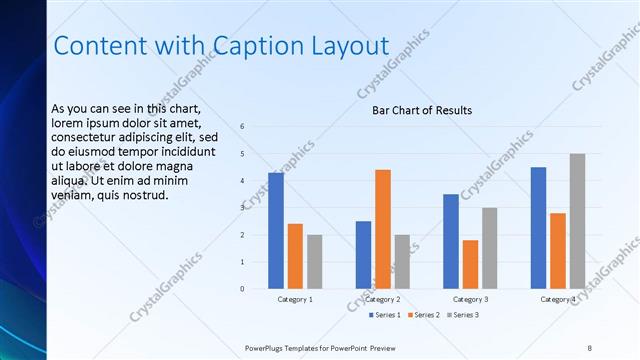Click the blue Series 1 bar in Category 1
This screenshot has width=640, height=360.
click(x=276, y=231)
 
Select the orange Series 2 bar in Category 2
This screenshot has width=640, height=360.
click(x=383, y=229)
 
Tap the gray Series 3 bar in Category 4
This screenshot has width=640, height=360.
click(x=577, y=221)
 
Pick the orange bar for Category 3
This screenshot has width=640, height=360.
click(x=470, y=264)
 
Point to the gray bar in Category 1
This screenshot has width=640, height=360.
click(x=315, y=262)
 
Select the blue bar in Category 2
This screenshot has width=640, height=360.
click(x=363, y=255)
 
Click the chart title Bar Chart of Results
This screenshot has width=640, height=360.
click(x=422, y=110)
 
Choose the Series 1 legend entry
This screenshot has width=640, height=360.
click(x=384, y=315)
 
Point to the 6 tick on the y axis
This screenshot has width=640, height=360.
click(x=242, y=127)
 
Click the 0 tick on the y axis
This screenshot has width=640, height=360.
click(x=242, y=289)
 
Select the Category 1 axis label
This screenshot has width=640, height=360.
click(x=295, y=299)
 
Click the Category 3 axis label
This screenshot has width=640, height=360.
click(x=470, y=299)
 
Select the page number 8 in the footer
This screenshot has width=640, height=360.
click(x=589, y=347)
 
